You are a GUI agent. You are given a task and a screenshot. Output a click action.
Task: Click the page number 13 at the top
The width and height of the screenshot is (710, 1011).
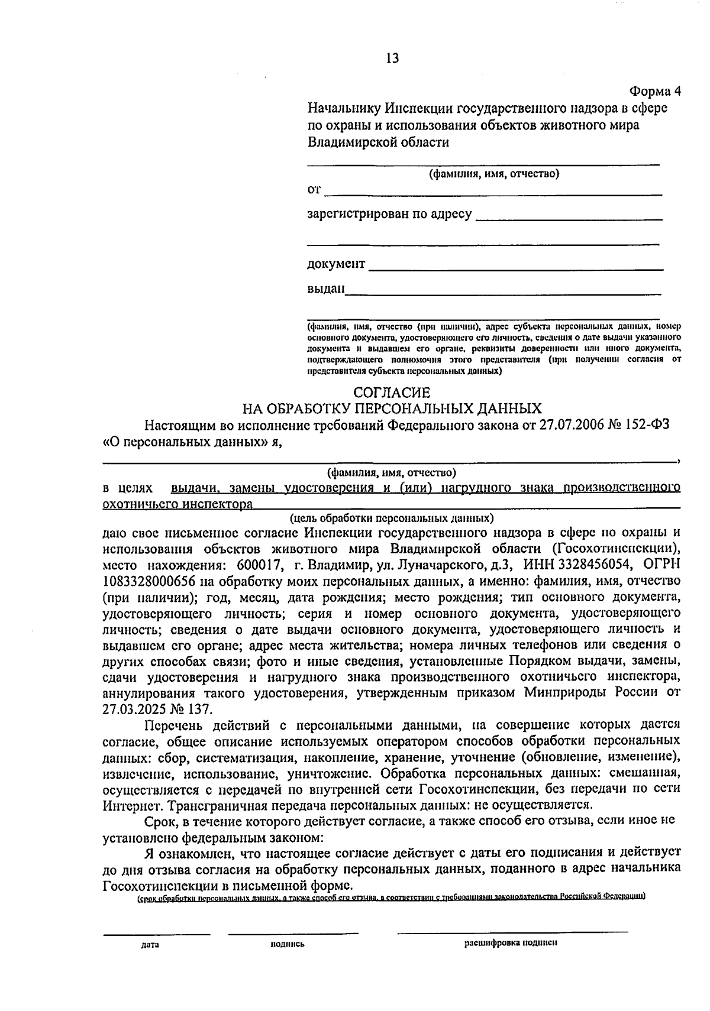[392, 58]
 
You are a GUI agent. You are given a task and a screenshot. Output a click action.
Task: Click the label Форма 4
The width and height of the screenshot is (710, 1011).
[655, 91]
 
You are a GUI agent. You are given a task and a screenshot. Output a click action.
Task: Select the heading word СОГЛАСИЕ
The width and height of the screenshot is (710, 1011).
[392, 392]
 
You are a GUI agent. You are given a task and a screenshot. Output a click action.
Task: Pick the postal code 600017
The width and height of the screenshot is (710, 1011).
[258, 564]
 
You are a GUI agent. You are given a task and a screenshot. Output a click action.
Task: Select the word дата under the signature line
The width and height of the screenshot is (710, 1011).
[151, 944]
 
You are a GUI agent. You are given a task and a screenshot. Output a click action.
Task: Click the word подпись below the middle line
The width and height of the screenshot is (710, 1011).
[287, 944]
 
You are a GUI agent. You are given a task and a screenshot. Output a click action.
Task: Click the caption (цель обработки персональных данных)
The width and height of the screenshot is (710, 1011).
[391, 519]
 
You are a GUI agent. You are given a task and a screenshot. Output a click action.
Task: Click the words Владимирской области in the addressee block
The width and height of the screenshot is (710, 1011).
[378, 142]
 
